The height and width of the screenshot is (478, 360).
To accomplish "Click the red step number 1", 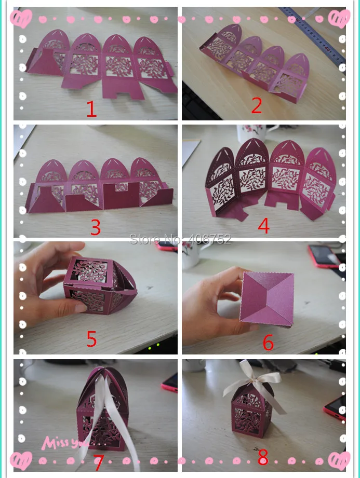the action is [x=91, y=109].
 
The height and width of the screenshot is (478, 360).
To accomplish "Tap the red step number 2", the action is [x=256, y=106].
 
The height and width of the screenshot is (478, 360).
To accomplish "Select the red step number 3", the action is [x=96, y=227].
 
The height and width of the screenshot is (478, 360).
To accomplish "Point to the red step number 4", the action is [x=264, y=226].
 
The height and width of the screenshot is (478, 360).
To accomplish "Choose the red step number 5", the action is [x=91, y=338].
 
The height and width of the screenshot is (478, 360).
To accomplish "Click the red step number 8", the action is [x=263, y=457].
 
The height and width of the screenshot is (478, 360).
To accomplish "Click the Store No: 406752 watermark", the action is [x=180, y=239].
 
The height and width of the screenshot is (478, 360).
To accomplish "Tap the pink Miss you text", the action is [x=64, y=443].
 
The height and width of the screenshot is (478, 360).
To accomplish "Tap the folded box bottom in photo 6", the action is [x=267, y=298].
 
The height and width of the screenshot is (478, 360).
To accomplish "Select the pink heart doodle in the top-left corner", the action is [x=21, y=18].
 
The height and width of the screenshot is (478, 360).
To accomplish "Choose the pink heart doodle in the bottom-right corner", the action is [x=339, y=461].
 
